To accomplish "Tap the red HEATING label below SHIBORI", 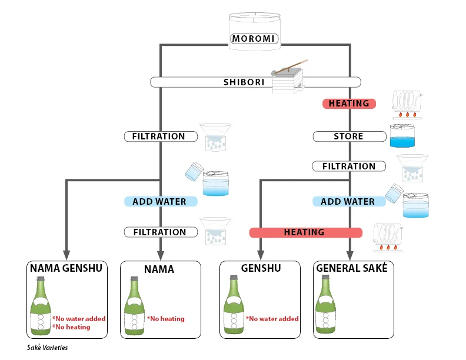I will click(349, 104).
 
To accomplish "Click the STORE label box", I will click(348, 136).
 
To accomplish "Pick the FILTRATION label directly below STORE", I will click(349, 166).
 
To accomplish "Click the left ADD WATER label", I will click(159, 202).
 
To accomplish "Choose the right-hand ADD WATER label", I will click(348, 202).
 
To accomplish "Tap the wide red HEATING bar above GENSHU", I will click(304, 232).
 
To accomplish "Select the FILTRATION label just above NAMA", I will click(159, 232).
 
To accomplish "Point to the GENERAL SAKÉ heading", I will click(352, 269).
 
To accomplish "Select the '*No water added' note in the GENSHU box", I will click(272, 319).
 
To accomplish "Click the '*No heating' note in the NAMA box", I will click(165, 319).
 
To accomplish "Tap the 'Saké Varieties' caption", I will click(48, 348).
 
